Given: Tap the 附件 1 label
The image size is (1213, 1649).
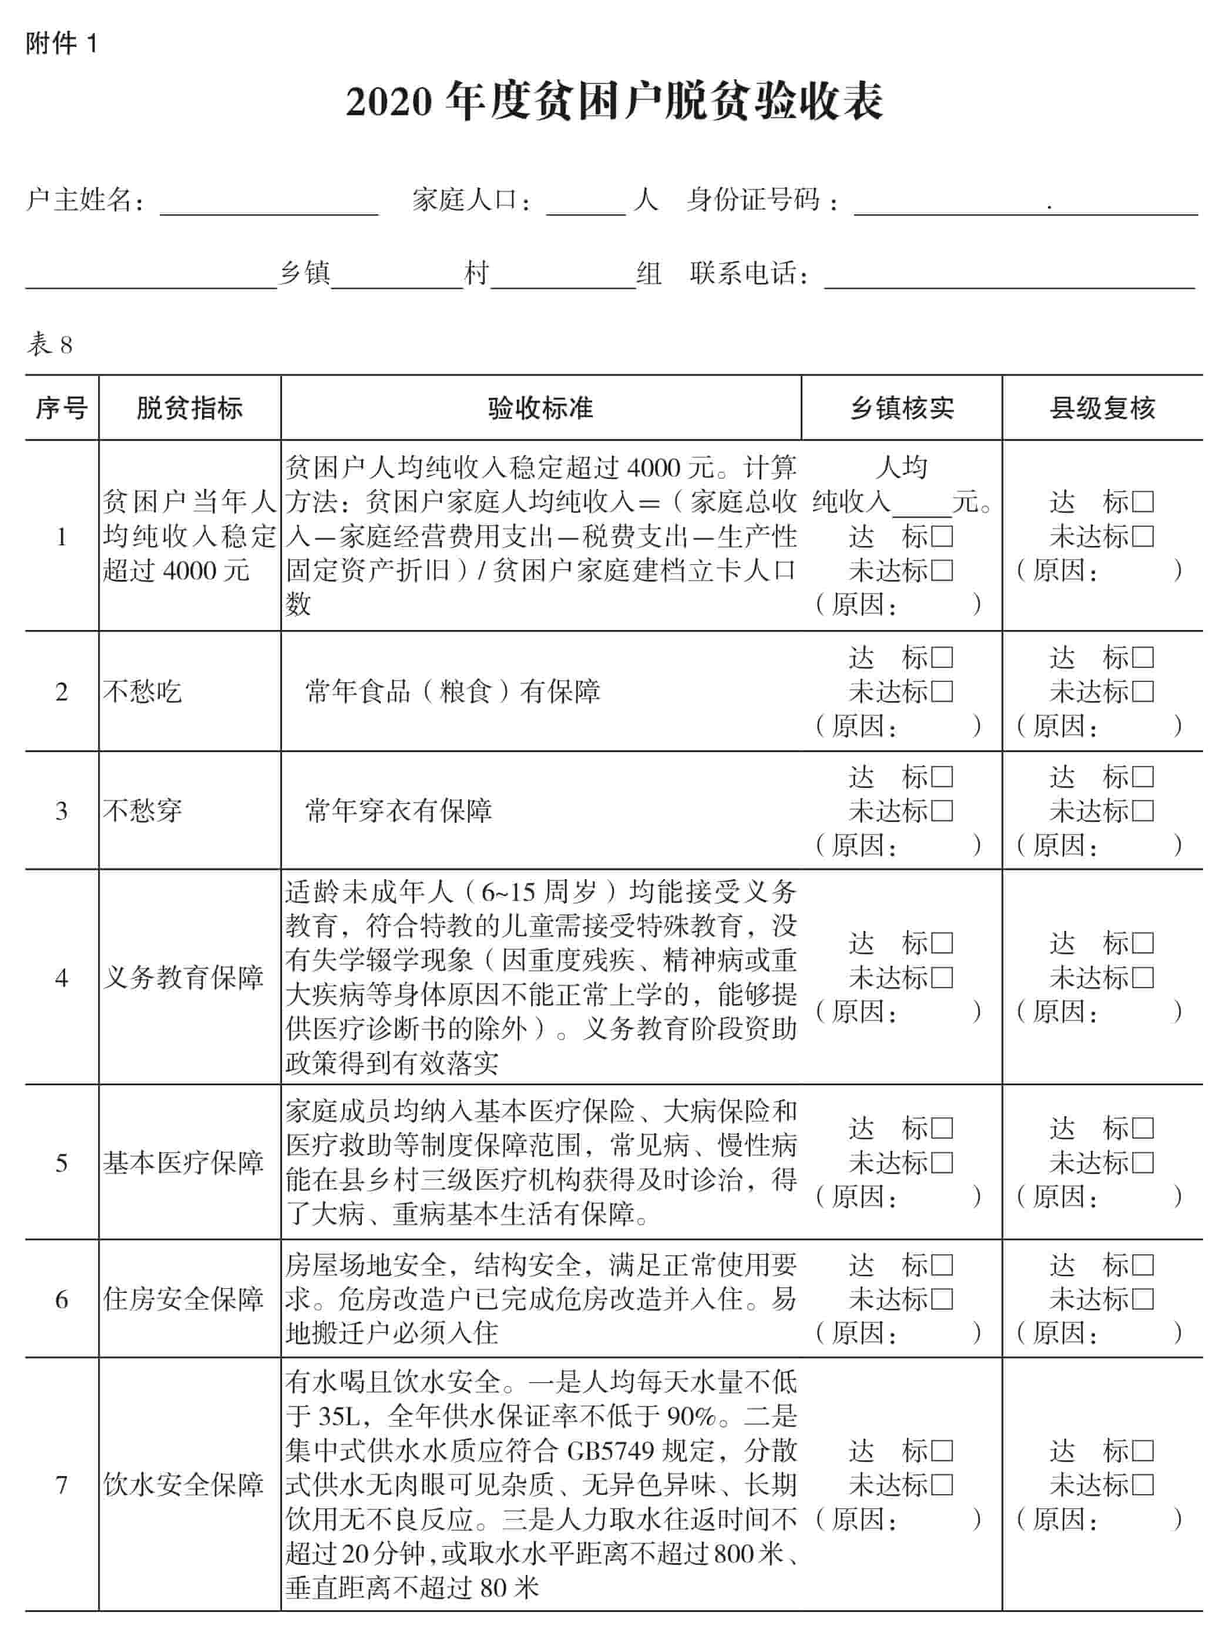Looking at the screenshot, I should pyautogui.click(x=62, y=44).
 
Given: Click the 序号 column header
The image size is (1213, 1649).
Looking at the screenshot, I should pyautogui.click(x=62, y=408).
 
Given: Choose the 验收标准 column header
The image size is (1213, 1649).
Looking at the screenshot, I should pyautogui.click(x=540, y=408).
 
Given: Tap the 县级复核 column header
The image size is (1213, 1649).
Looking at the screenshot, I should pyautogui.click(x=1101, y=408).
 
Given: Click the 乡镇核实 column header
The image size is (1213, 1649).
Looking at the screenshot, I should pyautogui.click(x=902, y=408).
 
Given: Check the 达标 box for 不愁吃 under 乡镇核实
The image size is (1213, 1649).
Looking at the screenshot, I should pyautogui.click(x=942, y=658).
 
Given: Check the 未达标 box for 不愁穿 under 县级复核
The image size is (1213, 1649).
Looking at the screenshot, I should pyautogui.click(x=1143, y=812).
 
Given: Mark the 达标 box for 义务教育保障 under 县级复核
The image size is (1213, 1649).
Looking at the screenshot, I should pyautogui.click(x=1143, y=943).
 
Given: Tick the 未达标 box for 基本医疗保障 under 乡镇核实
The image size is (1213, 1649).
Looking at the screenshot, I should pyautogui.click(x=942, y=1163).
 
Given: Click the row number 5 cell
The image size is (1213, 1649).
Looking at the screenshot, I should pyautogui.click(x=62, y=1163).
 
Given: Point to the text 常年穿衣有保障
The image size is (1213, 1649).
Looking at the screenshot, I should pyautogui.click(x=399, y=812).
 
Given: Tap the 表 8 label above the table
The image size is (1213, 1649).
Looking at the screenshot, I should pyautogui.click(x=50, y=344).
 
